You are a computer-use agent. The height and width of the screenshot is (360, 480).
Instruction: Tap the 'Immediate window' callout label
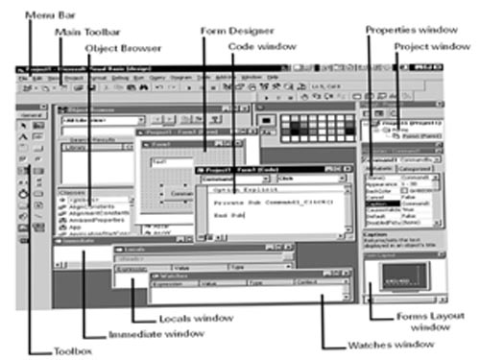[x=156, y=334]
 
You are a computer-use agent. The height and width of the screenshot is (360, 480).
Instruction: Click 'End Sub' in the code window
[x=220, y=217]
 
